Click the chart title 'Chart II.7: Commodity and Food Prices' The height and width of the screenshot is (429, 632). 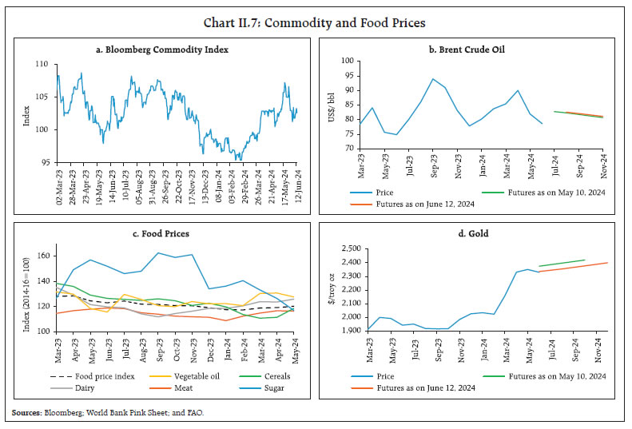(316, 22)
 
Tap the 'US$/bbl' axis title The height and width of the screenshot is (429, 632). (332, 104)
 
